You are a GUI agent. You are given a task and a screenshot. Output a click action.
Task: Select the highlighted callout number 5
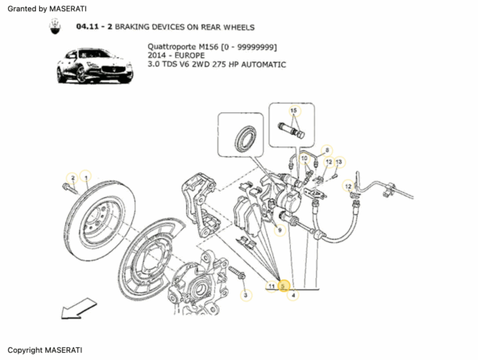(x=283, y=285)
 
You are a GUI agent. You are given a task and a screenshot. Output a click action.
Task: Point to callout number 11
(x=272, y=285)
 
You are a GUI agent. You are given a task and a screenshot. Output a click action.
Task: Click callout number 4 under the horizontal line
(x=293, y=295)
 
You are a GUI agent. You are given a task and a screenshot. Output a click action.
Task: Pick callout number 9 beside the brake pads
(x=278, y=230)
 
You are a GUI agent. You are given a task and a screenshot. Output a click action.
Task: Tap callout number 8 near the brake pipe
(x=327, y=150)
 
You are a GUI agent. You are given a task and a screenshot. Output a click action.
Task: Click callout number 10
(x=304, y=158)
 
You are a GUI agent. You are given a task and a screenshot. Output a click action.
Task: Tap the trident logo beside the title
(x=54, y=26)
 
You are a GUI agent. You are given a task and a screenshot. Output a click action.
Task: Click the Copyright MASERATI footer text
(x=45, y=350)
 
